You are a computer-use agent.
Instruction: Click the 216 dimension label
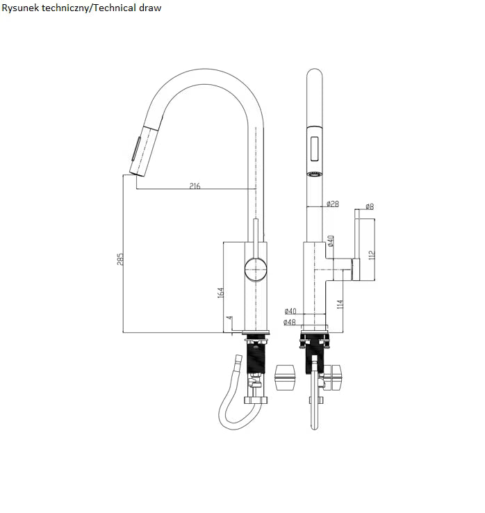tap(195, 186)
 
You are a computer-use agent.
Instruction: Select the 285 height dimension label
tap(120, 259)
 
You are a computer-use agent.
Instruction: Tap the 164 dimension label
tap(221, 292)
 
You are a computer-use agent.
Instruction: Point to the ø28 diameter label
tap(333, 204)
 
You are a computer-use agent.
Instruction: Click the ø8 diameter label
tap(369, 206)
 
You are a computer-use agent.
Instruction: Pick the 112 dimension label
tap(372, 255)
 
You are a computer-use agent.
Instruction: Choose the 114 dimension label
tap(340, 304)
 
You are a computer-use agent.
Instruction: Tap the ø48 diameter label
tap(290, 322)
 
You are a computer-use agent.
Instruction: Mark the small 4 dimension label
tap(229, 318)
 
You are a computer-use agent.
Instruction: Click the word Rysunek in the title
tap(20, 8)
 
